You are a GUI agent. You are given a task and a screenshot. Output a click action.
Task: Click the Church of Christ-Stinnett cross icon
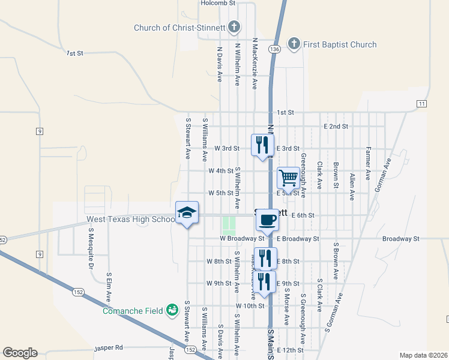[234, 27]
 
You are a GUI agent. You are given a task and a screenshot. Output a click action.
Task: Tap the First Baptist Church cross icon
[294, 44]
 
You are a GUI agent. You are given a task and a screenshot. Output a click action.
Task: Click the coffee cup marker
[267, 219]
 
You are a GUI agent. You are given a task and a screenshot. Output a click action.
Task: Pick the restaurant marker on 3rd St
[262, 145]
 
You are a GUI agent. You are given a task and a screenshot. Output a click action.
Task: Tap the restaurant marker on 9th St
[265, 281]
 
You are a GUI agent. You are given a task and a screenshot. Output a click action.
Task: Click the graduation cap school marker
[187, 212]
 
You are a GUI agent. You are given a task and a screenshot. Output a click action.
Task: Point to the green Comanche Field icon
[173, 310]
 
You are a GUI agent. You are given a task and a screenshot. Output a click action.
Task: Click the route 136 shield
[275, 49]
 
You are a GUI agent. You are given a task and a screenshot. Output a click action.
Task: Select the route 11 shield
[422, 104]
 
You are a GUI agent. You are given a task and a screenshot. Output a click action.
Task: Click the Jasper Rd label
[109, 347]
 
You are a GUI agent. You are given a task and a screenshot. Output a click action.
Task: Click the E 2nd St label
[336, 127]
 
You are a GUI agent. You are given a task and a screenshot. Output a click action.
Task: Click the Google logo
[20, 353]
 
